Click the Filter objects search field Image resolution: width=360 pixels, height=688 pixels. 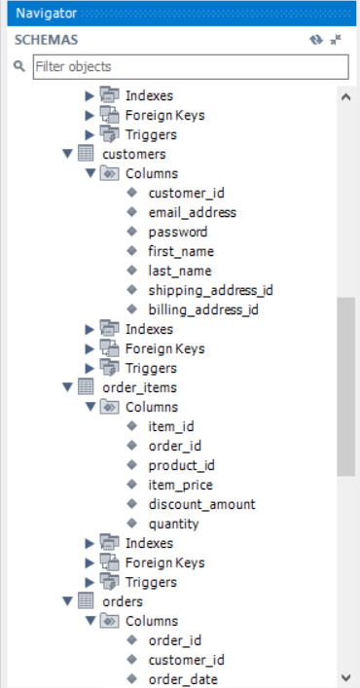[x=190, y=67]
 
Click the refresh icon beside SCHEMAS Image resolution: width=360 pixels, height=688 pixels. [x=315, y=40]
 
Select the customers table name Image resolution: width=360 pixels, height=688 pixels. [x=133, y=154]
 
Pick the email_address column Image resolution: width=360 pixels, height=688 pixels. [x=192, y=212]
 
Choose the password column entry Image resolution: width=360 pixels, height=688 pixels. [x=177, y=232]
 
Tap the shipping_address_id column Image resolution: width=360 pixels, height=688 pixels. [x=210, y=290]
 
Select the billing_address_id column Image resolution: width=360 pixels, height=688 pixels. [x=203, y=309]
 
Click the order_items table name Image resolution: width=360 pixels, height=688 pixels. [x=139, y=387]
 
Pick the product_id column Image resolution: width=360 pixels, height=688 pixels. [x=181, y=465]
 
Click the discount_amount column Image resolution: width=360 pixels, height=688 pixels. [x=201, y=504]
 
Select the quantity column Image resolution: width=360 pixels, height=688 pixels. [x=173, y=524]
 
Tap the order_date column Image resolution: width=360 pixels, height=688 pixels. [x=183, y=679]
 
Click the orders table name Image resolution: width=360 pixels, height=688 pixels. [x=123, y=601]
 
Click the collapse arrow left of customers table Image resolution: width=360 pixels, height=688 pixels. [x=67, y=154]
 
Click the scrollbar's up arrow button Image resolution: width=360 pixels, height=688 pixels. [x=345, y=95]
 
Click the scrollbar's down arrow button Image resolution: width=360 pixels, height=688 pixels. [x=345, y=677]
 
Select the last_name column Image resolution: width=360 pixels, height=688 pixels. [x=180, y=271]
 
